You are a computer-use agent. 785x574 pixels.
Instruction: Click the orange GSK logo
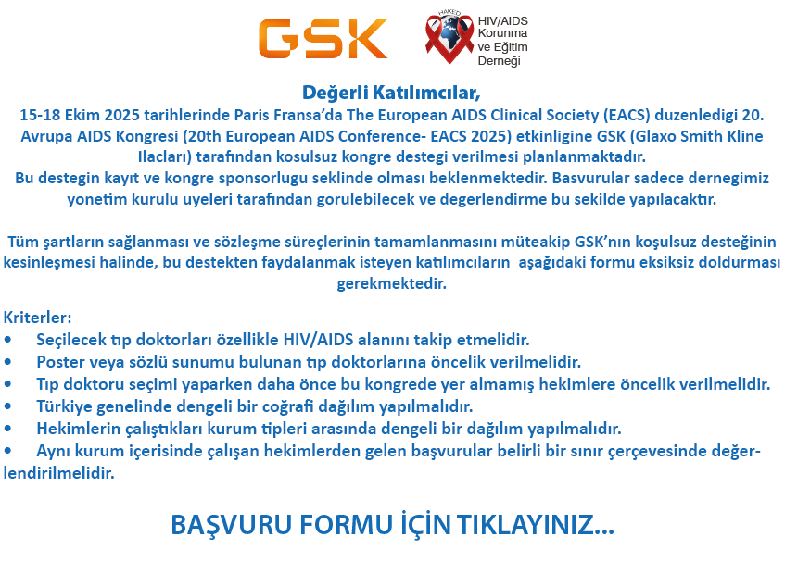pyautogui.click(x=323, y=39)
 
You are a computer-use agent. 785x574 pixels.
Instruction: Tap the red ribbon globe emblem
pyautogui.click(x=449, y=38)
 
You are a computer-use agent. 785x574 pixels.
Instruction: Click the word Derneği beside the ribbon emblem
pyautogui.click(x=500, y=61)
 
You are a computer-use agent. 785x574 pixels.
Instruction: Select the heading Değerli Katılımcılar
pyautogui.click(x=391, y=93)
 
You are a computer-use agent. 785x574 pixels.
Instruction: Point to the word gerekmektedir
pyautogui.click(x=391, y=283)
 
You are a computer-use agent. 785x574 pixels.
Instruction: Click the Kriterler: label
pyautogui.click(x=38, y=318)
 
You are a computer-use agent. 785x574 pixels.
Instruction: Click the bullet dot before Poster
pyautogui.click(x=7, y=361)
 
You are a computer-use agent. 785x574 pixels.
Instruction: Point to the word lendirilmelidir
pyautogui.click(x=59, y=473)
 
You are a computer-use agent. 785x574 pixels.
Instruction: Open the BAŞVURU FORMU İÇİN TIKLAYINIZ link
pyautogui.click(x=393, y=525)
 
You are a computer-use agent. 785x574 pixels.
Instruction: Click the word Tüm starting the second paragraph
pyautogui.click(x=23, y=242)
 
